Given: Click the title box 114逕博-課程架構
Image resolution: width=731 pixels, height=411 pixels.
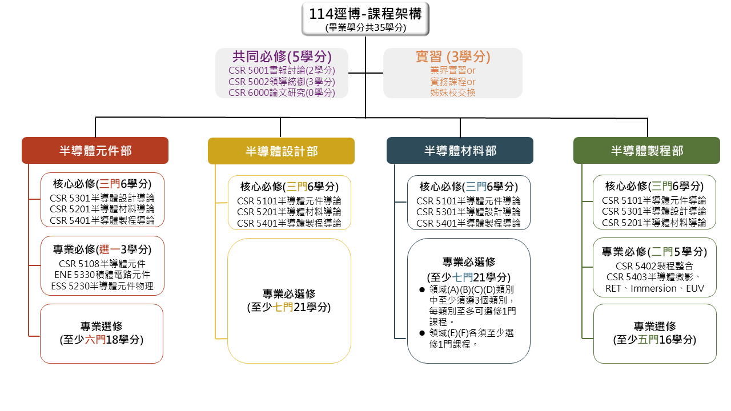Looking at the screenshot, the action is coord(365,19).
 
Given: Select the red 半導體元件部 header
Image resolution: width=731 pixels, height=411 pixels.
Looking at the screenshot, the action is coord(95,150).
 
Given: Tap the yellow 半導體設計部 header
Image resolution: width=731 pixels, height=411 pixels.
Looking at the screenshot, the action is coord(281,151).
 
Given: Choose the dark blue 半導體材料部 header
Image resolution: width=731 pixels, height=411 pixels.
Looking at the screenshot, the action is coord(460,150).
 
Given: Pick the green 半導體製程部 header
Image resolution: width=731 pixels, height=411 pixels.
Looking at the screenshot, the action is coord(646,150).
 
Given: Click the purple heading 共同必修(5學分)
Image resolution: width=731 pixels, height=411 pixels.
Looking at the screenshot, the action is coord(282,57).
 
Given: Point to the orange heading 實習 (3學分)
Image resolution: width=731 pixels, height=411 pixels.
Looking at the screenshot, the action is coord(453,57).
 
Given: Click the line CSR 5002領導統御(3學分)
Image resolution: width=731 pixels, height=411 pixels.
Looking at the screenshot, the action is coord(282,82).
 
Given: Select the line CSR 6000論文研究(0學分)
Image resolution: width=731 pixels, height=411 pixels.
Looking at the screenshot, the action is coord(282,92).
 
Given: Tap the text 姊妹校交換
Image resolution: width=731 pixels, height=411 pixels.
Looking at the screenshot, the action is coord(453,92).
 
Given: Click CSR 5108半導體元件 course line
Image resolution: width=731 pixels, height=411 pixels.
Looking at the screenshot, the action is coord(102,264).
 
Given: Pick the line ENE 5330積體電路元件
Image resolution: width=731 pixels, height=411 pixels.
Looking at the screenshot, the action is coord(102,275).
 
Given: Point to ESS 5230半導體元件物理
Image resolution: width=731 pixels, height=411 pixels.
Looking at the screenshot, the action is coord(102,286).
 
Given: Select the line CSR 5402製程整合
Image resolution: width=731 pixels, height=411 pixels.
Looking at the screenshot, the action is coord(654,266).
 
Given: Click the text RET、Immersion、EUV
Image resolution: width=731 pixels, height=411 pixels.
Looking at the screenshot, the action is coord(654,288).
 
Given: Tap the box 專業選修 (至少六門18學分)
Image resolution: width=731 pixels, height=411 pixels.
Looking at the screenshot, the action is coord(102,333).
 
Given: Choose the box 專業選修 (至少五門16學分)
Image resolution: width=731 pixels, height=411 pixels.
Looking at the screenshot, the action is coord(654,333).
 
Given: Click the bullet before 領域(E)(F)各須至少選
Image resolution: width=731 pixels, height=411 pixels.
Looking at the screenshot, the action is coord(422,333).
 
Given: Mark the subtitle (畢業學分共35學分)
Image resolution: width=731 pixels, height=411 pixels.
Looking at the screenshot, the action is coord(365,28).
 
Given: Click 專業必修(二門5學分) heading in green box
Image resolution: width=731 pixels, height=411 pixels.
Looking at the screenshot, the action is coord(654,252).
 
